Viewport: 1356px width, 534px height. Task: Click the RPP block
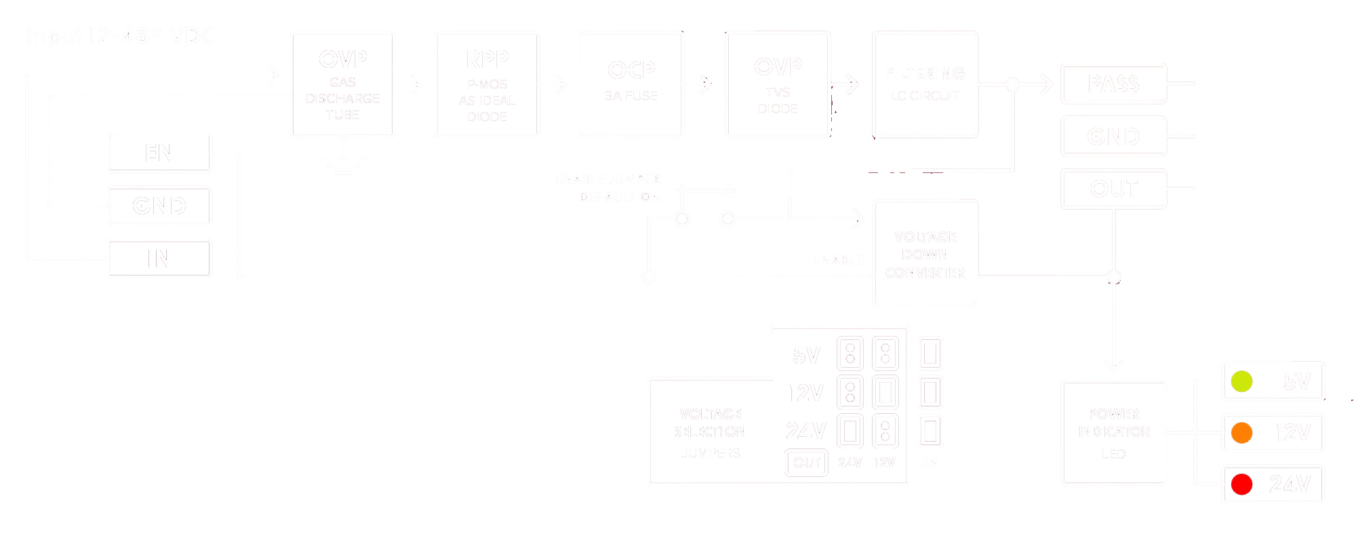click(x=487, y=85)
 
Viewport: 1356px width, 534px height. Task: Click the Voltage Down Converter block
click(x=925, y=254)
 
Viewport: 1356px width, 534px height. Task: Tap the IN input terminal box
click(x=160, y=259)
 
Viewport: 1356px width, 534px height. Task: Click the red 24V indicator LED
click(x=1241, y=484)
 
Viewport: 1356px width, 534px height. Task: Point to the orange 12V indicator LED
click(x=1241, y=433)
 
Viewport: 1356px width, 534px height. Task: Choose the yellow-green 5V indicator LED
click(x=1241, y=381)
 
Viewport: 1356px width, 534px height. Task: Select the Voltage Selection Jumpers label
click(x=710, y=433)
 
